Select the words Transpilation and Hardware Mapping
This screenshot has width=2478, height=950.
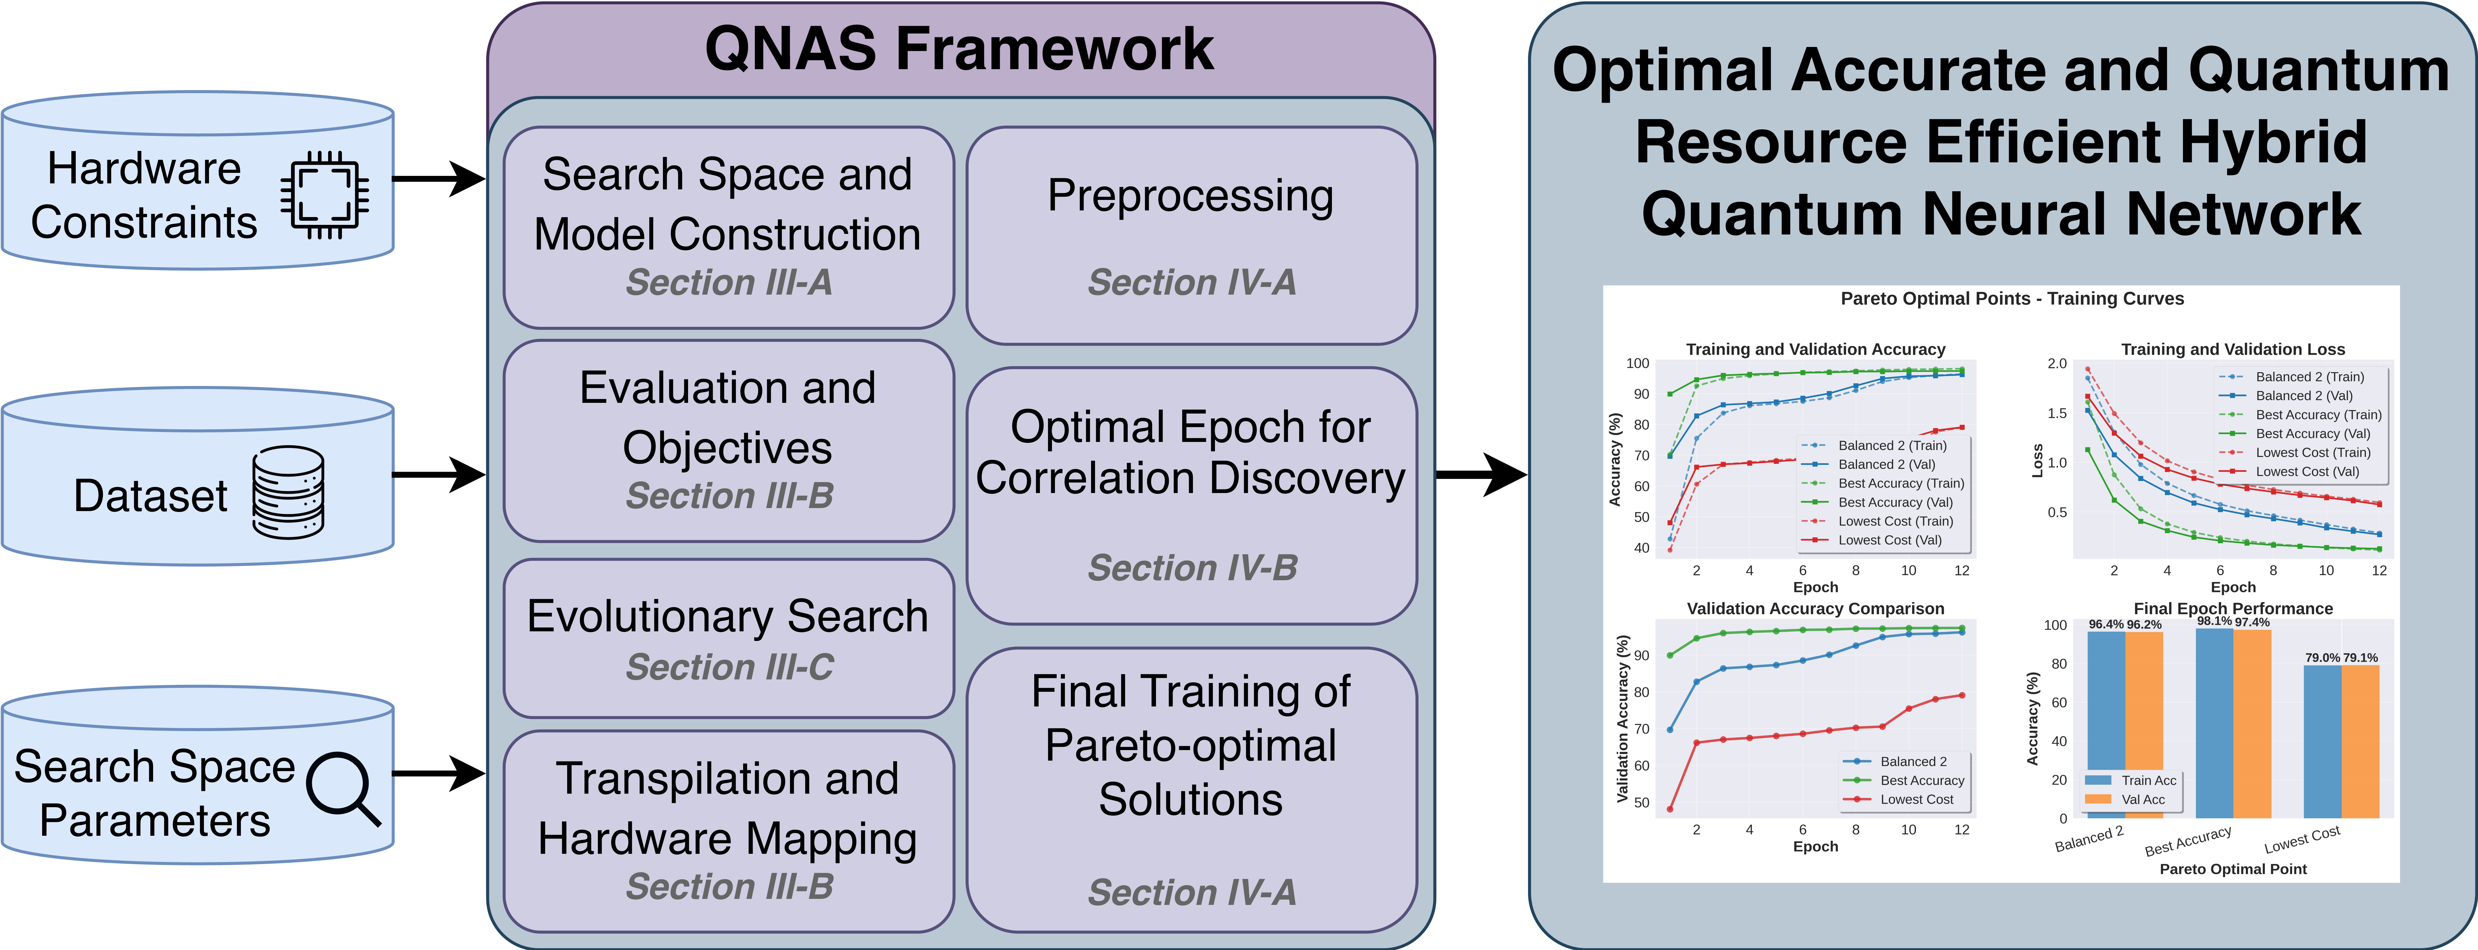pos(727,809)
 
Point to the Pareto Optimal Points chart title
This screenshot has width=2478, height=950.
pos(2012,299)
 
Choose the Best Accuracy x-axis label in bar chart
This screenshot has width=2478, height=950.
pos(2187,841)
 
